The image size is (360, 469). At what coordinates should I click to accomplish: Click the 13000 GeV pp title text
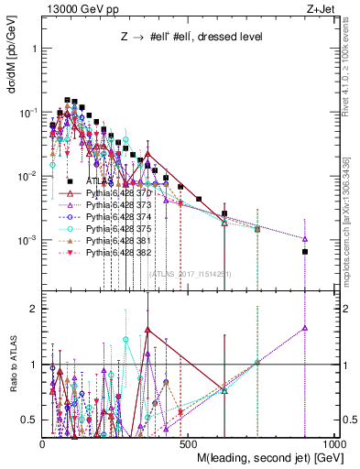[73, 8]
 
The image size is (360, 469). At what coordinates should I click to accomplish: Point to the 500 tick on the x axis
[190, 443]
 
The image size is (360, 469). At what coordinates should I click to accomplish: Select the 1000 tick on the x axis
[335, 443]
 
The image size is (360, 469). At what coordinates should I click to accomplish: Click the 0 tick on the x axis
[43, 443]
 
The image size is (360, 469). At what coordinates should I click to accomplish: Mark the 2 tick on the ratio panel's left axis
[35, 309]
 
